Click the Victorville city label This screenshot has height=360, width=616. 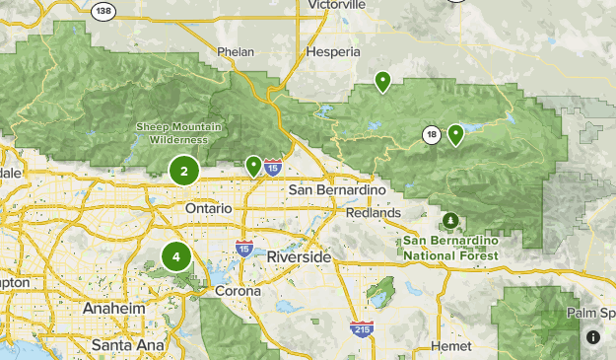pos(337,4)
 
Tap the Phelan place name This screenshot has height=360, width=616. pos(237,51)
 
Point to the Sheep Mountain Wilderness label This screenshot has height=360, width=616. pos(178,132)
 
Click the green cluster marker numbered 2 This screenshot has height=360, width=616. pos(184,171)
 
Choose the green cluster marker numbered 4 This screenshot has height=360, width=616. pos(176,257)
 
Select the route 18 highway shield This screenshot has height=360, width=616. pos(431,134)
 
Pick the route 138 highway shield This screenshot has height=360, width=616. pos(102,9)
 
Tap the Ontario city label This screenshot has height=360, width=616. pos(209,209)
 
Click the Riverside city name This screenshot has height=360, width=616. pos(299,255)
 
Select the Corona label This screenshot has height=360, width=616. pos(238,291)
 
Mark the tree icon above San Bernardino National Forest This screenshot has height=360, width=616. pos(450,219)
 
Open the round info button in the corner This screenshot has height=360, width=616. pos(593,337)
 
